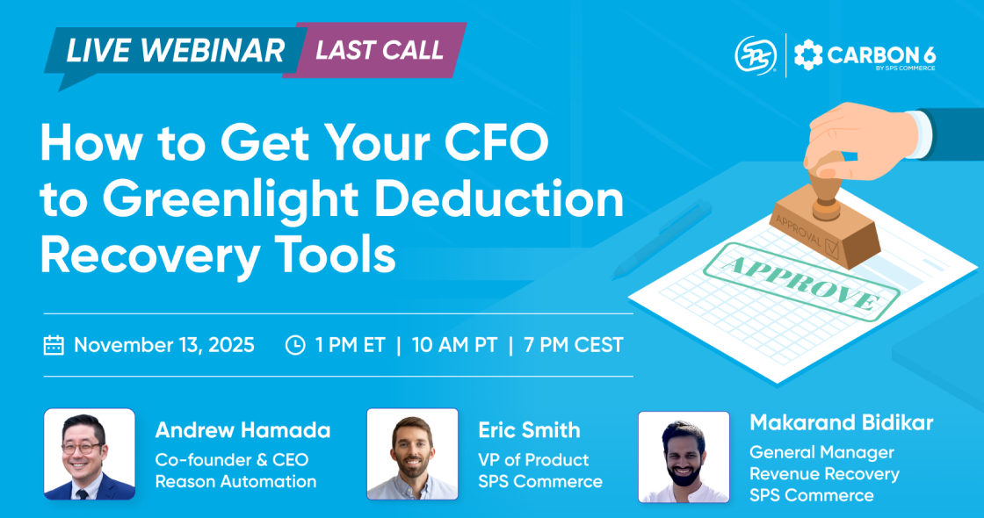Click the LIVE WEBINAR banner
point(176,50)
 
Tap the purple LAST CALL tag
point(380,49)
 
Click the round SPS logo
point(755,55)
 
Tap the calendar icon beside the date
point(54,345)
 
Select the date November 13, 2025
point(164,345)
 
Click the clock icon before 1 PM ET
point(295,345)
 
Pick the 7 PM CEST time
point(575,345)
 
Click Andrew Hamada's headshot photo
point(90,454)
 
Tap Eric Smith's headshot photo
point(412,454)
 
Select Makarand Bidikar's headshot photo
point(684,457)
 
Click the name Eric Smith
point(529,430)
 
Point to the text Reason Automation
point(235,481)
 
